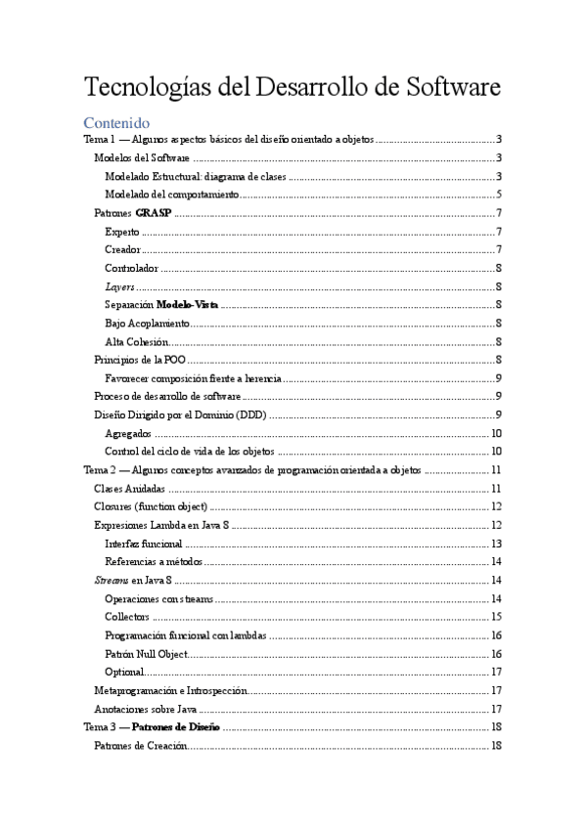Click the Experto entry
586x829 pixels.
(121, 232)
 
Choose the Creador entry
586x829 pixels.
(122, 250)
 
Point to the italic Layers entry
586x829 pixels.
(119, 286)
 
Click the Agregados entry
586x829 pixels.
(128, 433)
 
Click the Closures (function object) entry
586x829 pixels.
(150, 506)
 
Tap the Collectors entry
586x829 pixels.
(126, 616)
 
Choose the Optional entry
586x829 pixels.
(124, 672)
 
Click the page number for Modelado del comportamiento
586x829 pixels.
(499, 195)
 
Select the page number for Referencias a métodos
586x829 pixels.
(497, 561)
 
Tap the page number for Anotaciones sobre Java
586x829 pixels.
(497, 709)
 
